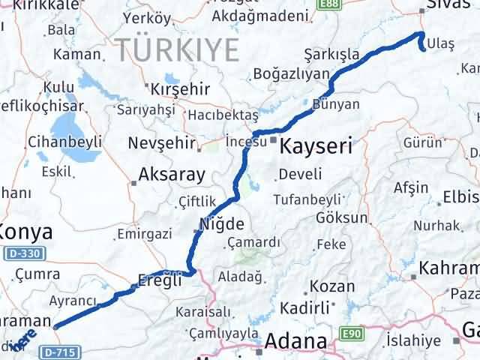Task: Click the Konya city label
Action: coord(26,231)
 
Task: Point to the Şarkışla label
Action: coord(331,54)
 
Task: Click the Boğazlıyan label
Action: coord(292,73)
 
